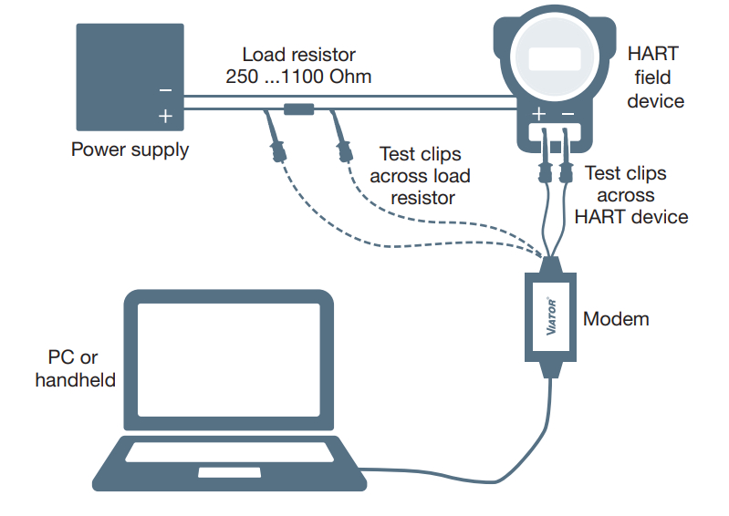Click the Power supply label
130,150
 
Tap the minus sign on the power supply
165,90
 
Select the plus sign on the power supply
165,116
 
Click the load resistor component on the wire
298,109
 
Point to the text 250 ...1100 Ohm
298,77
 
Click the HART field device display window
554,59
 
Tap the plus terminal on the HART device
539,114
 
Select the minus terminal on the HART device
568,114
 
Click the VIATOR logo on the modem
551,315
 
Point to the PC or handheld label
76,367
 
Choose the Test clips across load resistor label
422,175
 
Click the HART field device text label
654,77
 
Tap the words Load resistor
298,55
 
